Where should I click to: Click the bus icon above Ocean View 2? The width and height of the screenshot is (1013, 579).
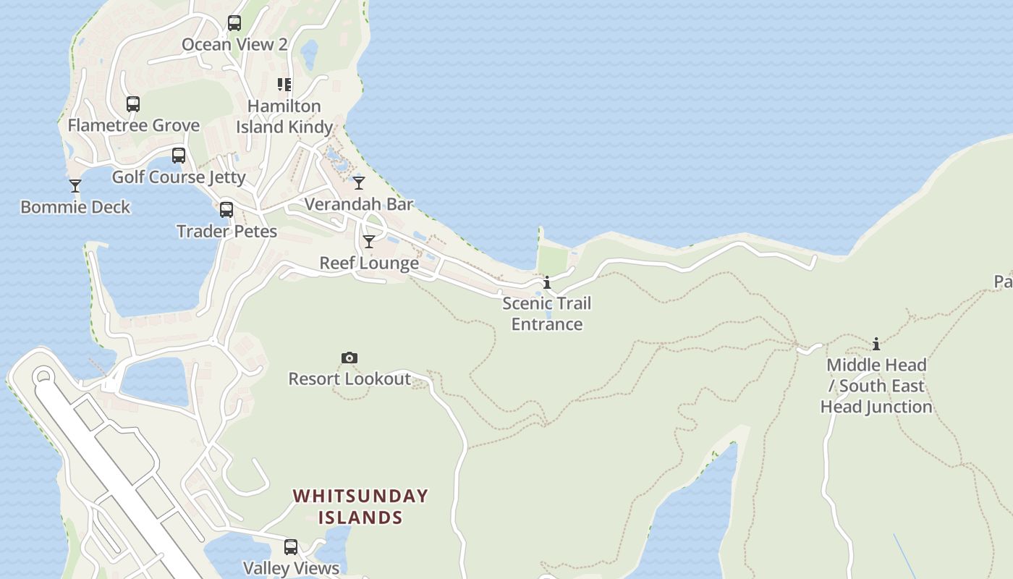[x=234, y=22]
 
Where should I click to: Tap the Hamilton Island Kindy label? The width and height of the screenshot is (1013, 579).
[x=284, y=117]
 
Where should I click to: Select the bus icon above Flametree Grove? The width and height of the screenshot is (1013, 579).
[x=133, y=103]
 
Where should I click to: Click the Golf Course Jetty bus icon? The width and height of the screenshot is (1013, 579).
[x=179, y=155]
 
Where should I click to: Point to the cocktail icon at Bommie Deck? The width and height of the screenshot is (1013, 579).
[x=75, y=186]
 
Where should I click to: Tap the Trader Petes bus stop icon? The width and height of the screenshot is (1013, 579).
[x=226, y=210]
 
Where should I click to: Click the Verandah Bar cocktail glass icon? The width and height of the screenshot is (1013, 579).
[x=359, y=182]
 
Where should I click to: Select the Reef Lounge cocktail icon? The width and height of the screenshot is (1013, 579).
[x=369, y=242]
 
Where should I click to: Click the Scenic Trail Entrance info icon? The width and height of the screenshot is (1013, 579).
[x=547, y=282]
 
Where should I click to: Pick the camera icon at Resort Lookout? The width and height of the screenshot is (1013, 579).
[x=349, y=358]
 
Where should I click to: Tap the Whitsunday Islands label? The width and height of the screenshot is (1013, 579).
[x=360, y=507]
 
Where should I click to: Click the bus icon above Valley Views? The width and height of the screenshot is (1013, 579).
[x=291, y=547]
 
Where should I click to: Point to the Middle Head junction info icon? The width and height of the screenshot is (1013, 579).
[x=876, y=344]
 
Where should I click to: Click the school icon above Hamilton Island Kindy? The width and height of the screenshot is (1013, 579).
[x=284, y=85]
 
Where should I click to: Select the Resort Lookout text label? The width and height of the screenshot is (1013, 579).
[x=349, y=379]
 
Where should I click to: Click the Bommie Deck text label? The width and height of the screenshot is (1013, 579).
[x=75, y=207]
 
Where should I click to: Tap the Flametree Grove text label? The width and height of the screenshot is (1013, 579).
[x=134, y=125]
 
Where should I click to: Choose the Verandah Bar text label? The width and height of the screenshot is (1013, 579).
[x=359, y=204]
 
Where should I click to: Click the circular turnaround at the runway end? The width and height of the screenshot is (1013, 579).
[x=43, y=376]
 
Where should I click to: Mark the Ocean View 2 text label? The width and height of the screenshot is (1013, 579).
[x=234, y=44]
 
